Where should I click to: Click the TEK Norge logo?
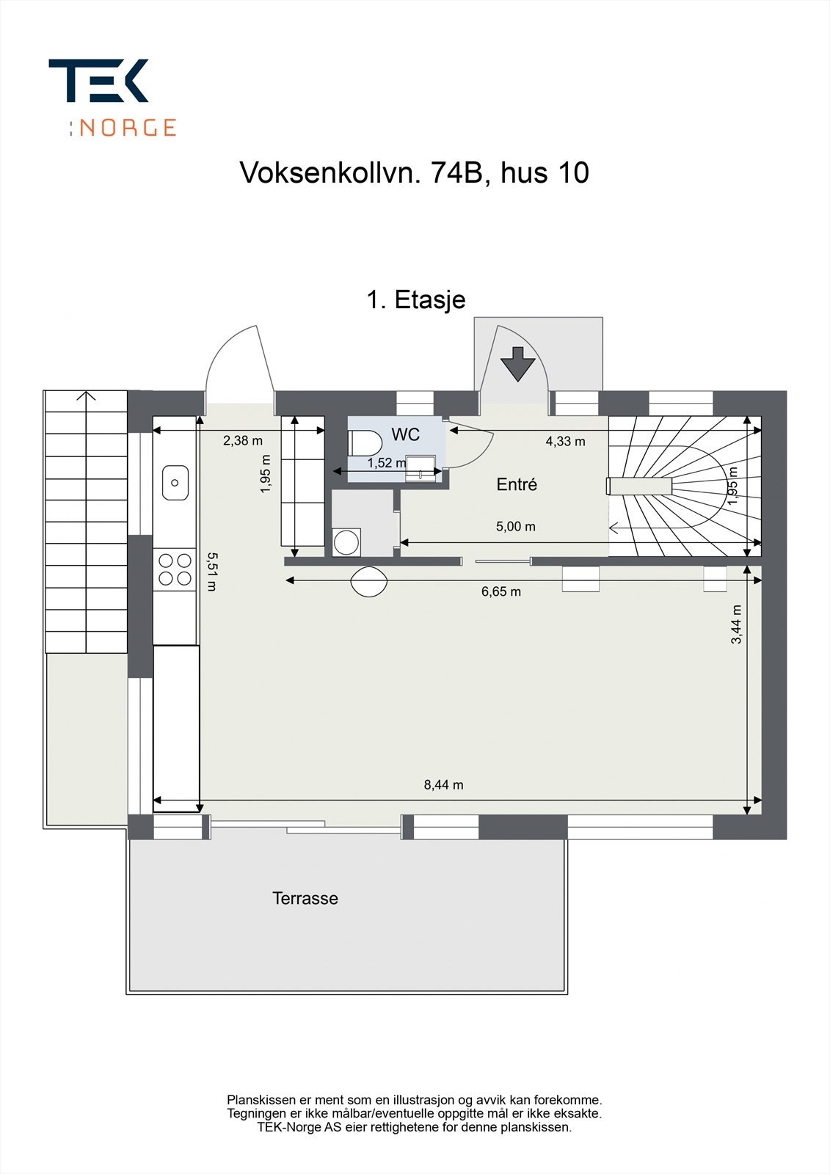point(112,97)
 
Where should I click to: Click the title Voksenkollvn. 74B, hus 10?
point(414,173)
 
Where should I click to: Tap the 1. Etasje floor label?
point(415,299)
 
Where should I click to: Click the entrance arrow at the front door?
point(518,363)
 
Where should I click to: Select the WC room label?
point(405,434)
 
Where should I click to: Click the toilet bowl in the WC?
point(365,443)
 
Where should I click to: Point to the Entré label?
point(517,484)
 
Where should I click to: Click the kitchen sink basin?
point(175,482)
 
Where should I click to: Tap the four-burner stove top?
point(175,569)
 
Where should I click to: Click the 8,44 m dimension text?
point(443,784)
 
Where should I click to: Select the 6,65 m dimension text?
point(501,591)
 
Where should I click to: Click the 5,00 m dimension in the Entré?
point(516,526)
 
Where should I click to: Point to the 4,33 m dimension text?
point(565,441)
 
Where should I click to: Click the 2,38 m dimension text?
point(242,440)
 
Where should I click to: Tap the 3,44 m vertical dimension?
point(736,624)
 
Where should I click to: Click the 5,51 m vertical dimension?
point(212,572)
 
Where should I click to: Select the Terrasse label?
point(305,898)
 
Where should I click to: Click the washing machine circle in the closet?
point(346,542)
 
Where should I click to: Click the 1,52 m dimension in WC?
point(386,463)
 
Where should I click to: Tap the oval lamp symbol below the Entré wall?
point(369,582)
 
